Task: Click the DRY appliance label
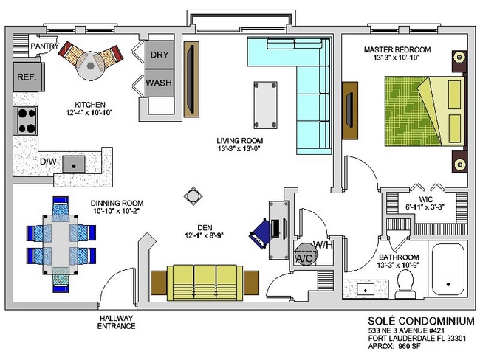pyautogui.click(x=160, y=55)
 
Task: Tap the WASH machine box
pyautogui.click(x=160, y=83)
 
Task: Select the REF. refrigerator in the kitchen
pyautogui.click(x=28, y=77)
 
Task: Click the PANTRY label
pyautogui.click(x=45, y=46)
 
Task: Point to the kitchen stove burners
pyautogui.click(x=27, y=121)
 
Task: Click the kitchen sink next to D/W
pyautogui.click(x=74, y=164)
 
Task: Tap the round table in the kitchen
pyautogui.click(x=90, y=66)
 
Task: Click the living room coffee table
pyautogui.click(x=265, y=105)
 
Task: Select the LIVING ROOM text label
pyautogui.click(x=240, y=141)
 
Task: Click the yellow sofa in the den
pyautogui.click(x=205, y=283)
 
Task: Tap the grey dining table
pyautogui.click(x=61, y=243)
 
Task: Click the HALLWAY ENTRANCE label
pyautogui.click(x=116, y=322)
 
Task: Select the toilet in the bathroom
pyautogui.click(x=405, y=284)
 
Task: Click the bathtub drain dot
pyautogui.click(x=448, y=284)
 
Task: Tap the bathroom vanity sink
pyautogui.click(x=366, y=288)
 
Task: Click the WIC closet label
pyautogui.click(x=425, y=200)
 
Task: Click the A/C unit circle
pyautogui.click(x=305, y=255)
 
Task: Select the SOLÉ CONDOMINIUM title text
pyautogui.click(x=421, y=321)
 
